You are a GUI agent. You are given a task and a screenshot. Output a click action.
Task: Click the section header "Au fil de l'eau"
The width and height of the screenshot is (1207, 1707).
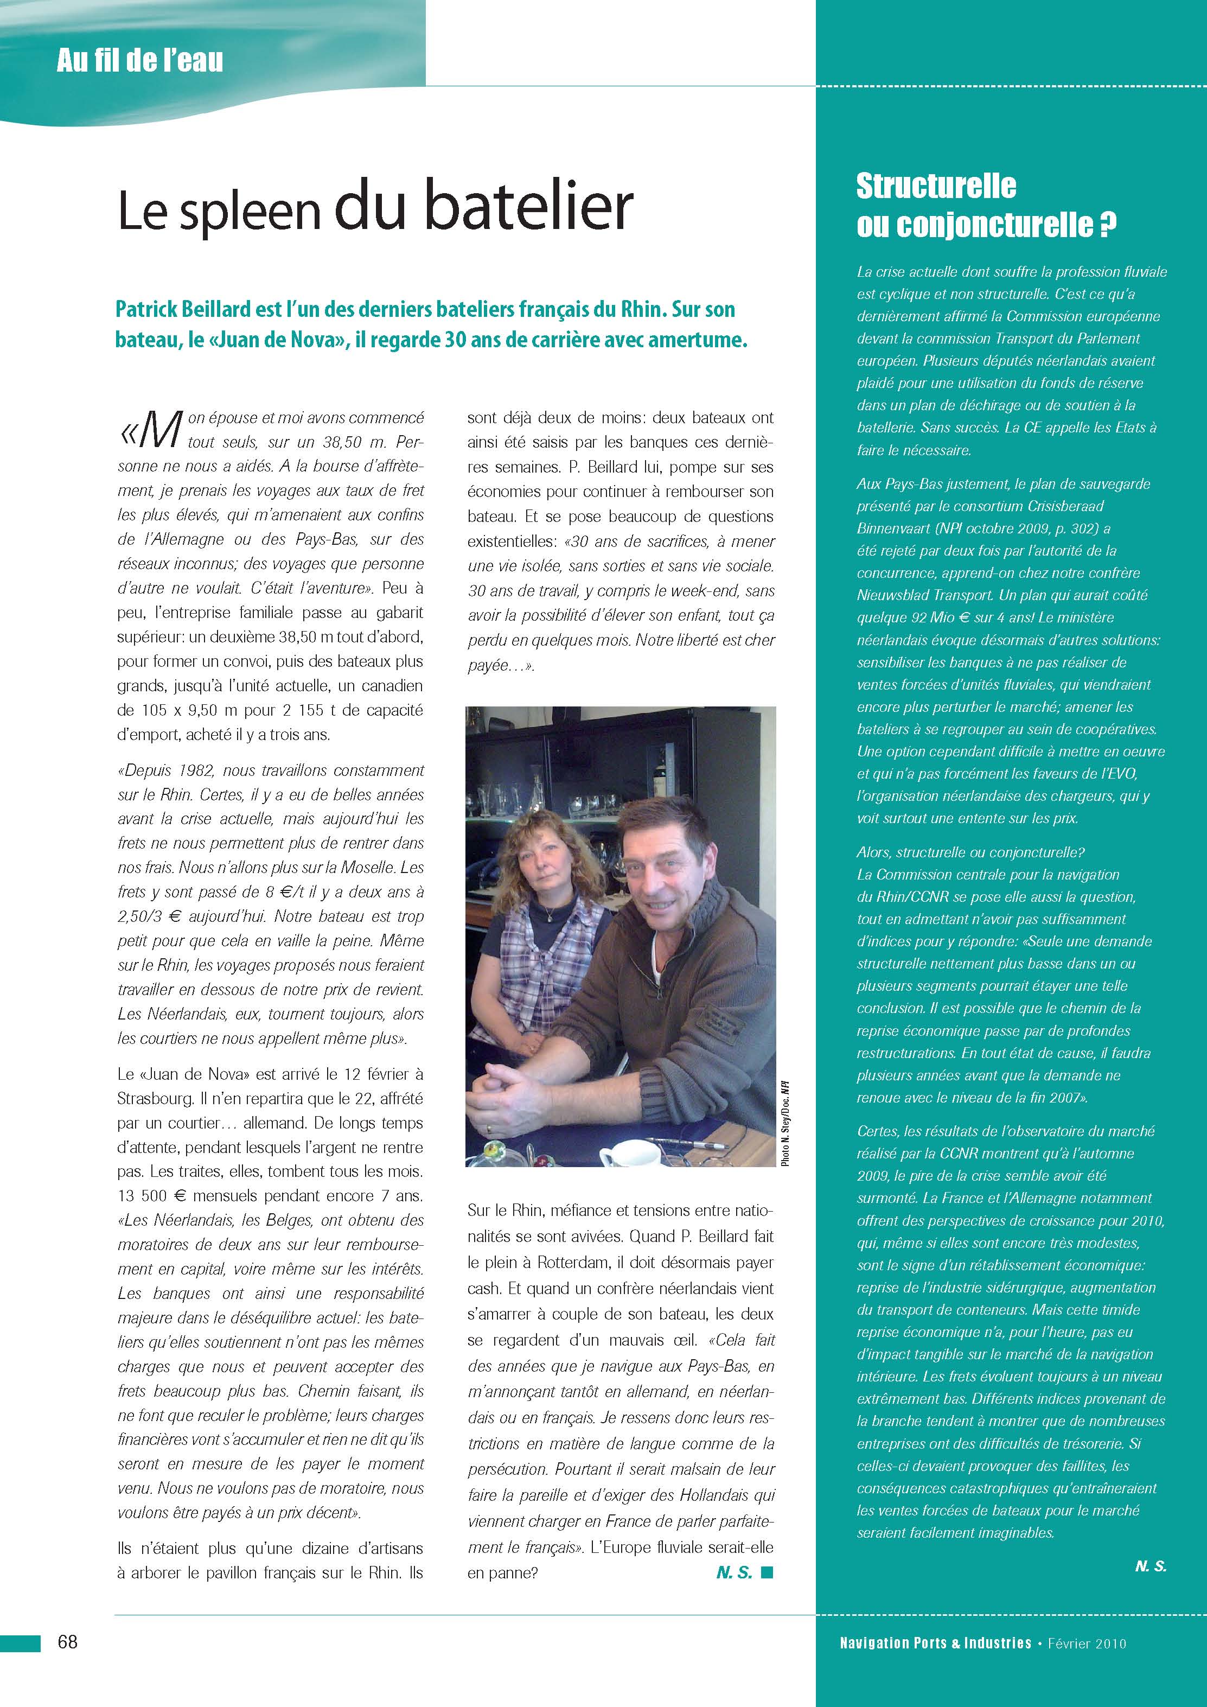click(x=140, y=60)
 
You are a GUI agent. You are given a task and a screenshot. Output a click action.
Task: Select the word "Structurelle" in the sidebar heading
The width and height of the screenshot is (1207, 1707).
click(x=936, y=186)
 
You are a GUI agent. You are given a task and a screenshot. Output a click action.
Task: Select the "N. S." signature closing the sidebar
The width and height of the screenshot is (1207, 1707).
click(x=1151, y=1566)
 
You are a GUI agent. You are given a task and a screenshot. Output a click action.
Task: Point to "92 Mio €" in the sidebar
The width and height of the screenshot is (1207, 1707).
click(x=944, y=617)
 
